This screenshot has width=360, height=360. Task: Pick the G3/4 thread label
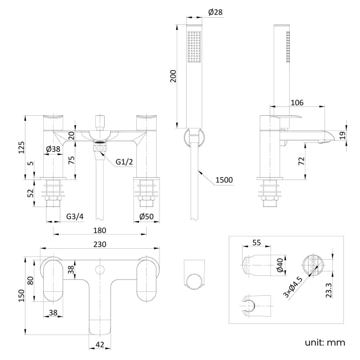(x=74, y=216)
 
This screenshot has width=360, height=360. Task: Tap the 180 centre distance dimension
(x=100, y=230)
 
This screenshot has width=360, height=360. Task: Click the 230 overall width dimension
(x=100, y=244)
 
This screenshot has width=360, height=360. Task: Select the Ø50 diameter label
(x=147, y=216)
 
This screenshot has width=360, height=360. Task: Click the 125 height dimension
(x=22, y=147)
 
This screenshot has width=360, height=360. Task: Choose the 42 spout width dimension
(x=100, y=344)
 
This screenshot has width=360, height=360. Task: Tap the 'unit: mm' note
(x=325, y=342)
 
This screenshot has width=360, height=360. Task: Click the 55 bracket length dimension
(x=256, y=243)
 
